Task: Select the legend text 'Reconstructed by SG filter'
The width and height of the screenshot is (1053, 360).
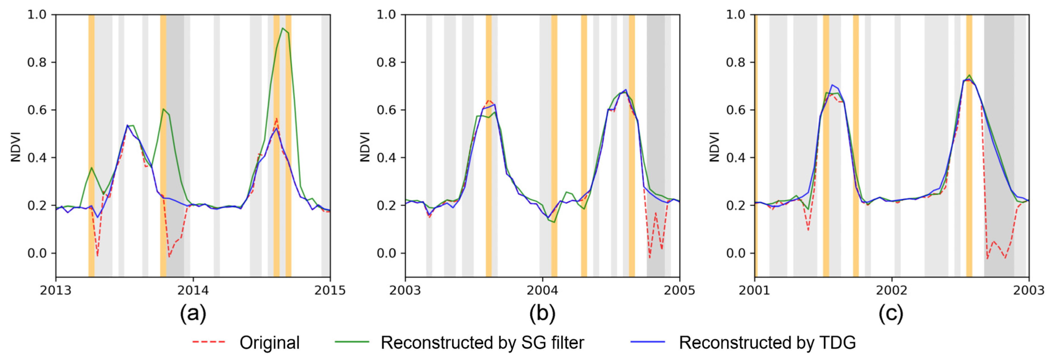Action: (x=482, y=342)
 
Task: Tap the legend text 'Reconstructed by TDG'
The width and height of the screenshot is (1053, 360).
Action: (x=767, y=342)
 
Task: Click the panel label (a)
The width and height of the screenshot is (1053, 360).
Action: (x=193, y=314)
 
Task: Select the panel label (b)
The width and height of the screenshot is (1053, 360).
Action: (x=542, y=314)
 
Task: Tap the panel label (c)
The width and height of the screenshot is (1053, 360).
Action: (x=891, y=314)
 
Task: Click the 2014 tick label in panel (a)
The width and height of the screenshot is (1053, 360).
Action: (x=193, y=290)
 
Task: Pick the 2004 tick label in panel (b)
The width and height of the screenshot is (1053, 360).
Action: (x=542, y=290)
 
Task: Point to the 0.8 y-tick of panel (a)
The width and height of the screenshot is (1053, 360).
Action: (x=36, y=62)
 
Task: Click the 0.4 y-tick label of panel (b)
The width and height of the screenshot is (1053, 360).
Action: (x=386, y=158)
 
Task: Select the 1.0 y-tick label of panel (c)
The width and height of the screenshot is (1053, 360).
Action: (x=735, y=15)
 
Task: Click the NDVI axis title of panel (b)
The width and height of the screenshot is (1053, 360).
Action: (x=365, y=147)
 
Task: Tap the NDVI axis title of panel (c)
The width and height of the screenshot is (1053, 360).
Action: (x=714, y=147)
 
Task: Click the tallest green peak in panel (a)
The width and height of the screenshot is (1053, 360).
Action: (x=282, y=29)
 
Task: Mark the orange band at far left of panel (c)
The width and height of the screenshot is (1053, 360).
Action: (x=756, y=145)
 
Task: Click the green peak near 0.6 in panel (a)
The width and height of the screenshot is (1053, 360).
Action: (x=163, y=109)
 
